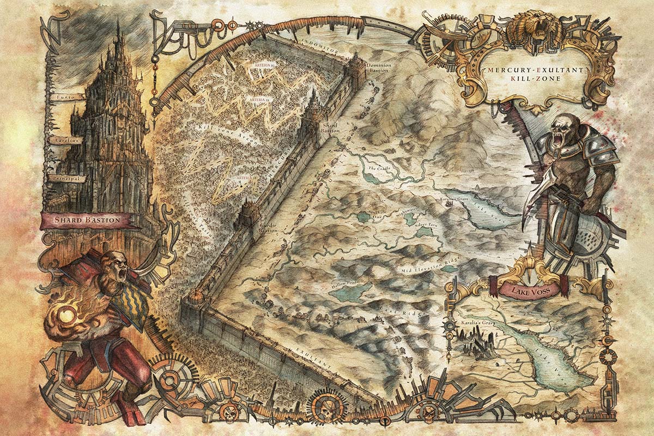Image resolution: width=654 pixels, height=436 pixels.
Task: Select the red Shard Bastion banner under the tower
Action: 88,220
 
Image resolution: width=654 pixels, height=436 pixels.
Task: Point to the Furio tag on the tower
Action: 65,96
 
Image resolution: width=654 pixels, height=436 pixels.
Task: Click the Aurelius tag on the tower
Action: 65,140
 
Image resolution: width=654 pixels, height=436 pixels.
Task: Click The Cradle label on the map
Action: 377,168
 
